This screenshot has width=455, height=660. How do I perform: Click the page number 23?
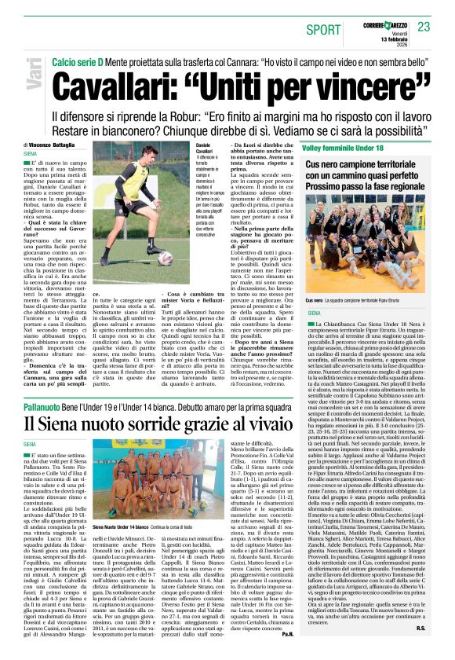[x=424, y=27]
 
